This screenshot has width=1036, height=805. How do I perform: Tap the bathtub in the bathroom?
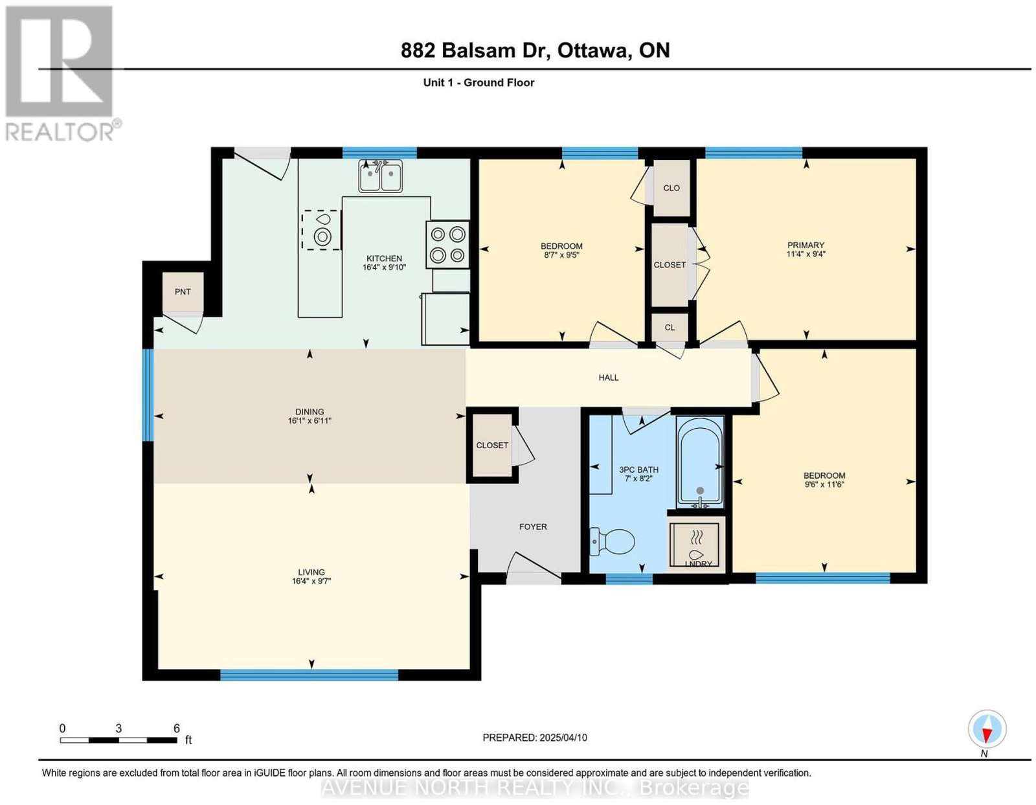(699, 463)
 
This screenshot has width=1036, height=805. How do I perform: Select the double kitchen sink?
(380, 176)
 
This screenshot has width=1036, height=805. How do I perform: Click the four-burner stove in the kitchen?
(447, 245)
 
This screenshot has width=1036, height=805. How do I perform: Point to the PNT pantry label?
(183, 291)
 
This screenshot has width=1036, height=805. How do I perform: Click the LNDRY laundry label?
(698, 564)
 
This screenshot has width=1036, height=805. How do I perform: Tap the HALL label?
(609, 378)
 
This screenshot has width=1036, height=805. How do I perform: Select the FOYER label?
(533, 527)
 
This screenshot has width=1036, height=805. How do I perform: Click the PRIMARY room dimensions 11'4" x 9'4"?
(805, 254)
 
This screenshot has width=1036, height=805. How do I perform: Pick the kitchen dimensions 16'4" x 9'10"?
(384, 267)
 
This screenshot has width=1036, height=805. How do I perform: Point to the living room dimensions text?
(312, 581)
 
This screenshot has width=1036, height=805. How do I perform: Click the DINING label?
(310, 412)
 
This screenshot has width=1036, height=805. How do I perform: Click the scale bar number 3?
(118, 729)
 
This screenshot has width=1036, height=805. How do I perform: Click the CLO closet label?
(671, 188)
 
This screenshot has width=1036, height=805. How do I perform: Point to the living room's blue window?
(309, 674)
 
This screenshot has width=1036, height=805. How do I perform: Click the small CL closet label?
(670, 328)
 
